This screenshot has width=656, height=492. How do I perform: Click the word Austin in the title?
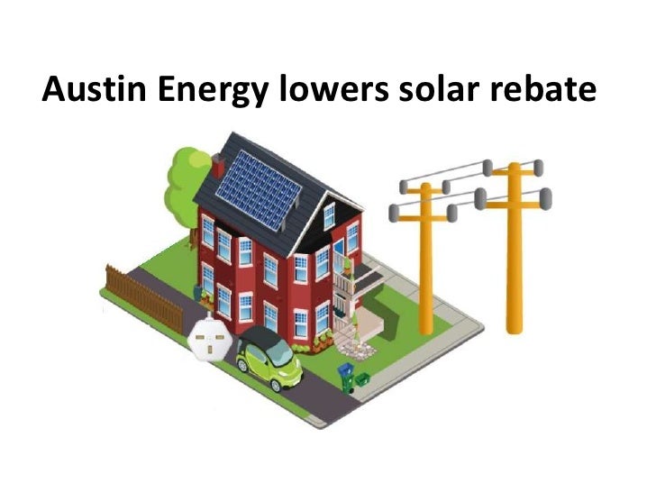click(x=86, y=89)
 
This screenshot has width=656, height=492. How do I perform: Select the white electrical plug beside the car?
click(x=209, y=341)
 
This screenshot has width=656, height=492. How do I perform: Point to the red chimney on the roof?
click(x=218, y=167)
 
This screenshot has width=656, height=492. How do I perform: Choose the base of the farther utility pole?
click(x=427, y=303)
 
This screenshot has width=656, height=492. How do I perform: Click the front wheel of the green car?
click(x=272, y=382)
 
